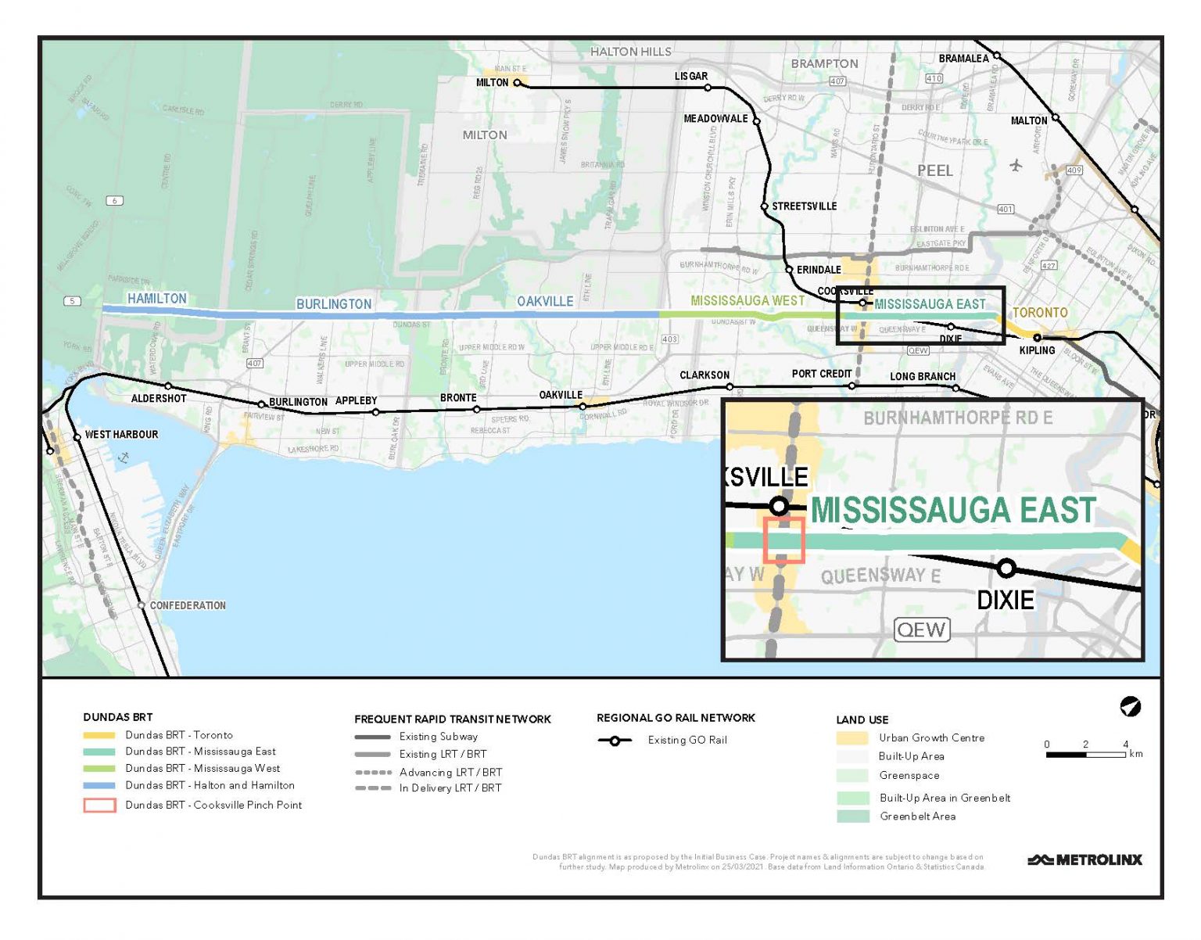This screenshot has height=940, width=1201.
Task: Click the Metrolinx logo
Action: pos(1084,859)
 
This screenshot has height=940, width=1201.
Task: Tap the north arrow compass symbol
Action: pos(1130,707)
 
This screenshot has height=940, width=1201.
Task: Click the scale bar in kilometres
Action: pos(1085,755)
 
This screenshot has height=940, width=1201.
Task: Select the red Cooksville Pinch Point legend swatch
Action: pos(99,805)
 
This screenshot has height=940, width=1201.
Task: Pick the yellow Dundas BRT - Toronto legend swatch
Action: pos(99,736)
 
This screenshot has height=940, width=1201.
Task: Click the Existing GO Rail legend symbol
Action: pos(615,741)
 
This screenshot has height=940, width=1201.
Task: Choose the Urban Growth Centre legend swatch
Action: pos(851,738)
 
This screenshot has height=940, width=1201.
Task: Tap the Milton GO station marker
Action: pos(517,83)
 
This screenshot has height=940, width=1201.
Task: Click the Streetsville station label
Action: pos(804,206)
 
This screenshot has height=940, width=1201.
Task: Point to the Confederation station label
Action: pos(188,606)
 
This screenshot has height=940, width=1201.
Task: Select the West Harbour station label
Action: pos(121,435)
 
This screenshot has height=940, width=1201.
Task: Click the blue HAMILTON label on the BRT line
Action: pos(157,299)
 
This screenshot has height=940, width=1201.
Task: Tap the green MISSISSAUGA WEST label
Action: pos(747,301)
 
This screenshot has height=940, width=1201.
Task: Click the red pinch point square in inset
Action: pos(783,540)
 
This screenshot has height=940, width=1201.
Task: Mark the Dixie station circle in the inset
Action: pos(1006,568)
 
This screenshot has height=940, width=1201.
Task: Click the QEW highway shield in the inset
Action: pos(921,630)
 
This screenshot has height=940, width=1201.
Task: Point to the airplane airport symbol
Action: pos(1016,165)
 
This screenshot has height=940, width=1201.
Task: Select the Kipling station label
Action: pos(1037,350)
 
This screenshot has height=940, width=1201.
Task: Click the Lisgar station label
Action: pos(690,77)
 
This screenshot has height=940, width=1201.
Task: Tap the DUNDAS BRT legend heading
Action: pos(118,717)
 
